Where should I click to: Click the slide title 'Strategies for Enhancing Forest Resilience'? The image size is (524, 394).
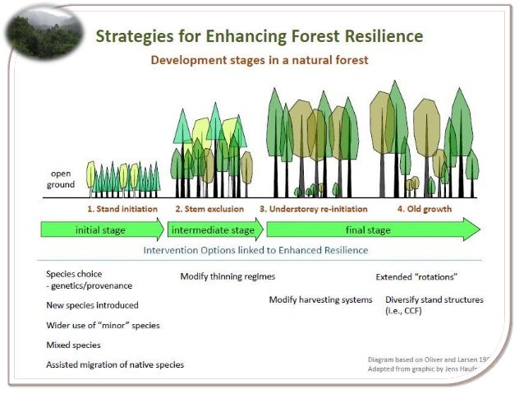coord(260,36)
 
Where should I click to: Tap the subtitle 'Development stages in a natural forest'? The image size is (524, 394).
coord(259,61)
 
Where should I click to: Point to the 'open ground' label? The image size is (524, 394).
coord(62,179)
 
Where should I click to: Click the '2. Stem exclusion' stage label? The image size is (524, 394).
coord(209,209)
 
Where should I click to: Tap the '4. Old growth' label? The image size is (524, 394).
coord(425,209)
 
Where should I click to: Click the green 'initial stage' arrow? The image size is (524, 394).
coord(102,230)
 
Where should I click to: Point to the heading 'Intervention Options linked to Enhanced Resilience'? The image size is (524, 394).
coord(255,250)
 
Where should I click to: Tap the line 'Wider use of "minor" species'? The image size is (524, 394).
coord(103,325)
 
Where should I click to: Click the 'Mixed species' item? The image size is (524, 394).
coord(73,345)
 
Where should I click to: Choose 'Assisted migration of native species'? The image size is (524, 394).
coord(115,364)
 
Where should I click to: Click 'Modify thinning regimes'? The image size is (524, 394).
coord(228,276)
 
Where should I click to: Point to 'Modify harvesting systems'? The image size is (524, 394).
coord(320,299)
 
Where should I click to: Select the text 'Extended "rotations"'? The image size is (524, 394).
coord(416,277)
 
